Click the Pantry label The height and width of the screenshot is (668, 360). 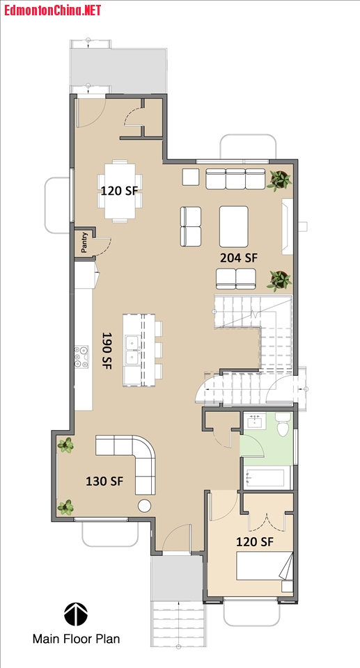pos(84,243)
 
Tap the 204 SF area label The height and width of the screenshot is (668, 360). pos(239,257)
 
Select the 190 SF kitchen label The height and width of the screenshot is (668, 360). pos(107,351)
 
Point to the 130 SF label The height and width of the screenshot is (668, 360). pos(105,482)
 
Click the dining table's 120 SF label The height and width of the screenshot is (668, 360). pos(119,190)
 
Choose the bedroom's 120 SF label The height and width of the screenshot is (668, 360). pos(254,542)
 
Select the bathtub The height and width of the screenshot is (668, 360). pos(266,478)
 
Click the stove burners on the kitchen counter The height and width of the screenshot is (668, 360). pos(81,356)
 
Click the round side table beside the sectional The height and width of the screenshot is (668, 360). pos(145,505)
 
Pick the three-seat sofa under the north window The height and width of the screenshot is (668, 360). pos(235,179)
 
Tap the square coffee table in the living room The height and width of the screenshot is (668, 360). pos(234,226)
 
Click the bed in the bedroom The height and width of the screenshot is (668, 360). pos(265,566)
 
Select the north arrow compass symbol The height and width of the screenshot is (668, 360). pos(76,614)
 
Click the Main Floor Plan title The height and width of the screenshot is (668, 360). pos(77,639)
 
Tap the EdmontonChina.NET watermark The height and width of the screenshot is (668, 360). pos(52,10)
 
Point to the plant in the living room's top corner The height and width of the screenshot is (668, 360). pos(280,180)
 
